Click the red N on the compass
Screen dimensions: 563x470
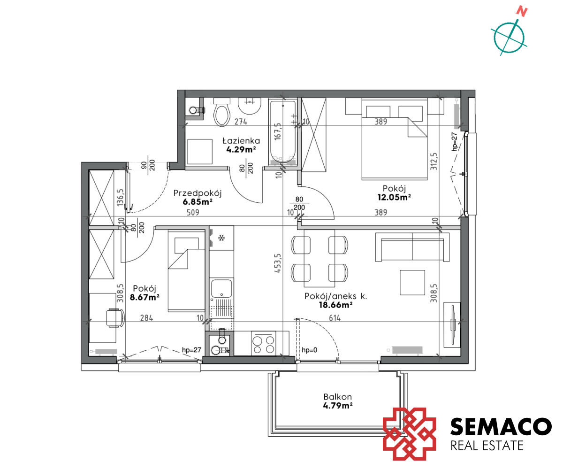coord(522,12)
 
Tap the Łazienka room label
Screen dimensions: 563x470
coord(241,140)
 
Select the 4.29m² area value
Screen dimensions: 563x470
coord(241,149)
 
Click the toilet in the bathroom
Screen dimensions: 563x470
coord(221,112)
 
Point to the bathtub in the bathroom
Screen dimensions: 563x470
coord(283,132)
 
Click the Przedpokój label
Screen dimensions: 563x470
coord(198,193)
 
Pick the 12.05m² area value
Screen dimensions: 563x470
coord(394,197)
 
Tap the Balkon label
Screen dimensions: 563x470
coord(338,397)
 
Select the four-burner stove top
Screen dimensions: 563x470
coord(263,344)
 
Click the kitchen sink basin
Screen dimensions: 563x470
coord(221,288)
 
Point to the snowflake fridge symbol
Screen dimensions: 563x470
coord(221,238)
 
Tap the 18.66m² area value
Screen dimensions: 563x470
coord(336,305)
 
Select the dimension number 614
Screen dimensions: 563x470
coord(335,318)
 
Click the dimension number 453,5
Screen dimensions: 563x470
coord(278,263)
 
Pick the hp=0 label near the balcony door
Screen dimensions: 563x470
coord(309,350)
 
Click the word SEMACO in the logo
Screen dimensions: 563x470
coord(501,426)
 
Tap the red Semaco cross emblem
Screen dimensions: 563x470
coord(409,434)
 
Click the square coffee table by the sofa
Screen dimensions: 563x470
coord(412,283)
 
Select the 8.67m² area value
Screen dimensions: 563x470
coord(145,297)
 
